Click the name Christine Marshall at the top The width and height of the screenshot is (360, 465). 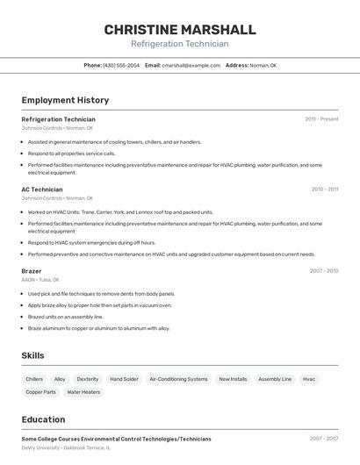tap(180, 30)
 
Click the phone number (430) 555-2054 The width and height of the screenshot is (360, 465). tap(120, 65)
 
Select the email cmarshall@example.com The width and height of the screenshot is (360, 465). tap(191, 65)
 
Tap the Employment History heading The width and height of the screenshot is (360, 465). tap(65, 100)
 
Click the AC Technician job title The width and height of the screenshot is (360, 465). tap(42, 189)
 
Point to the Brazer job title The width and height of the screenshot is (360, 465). tap(32, 271)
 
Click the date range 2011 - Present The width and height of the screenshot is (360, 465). tap(321, 118)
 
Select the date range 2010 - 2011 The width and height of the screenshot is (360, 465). tap(325, 189)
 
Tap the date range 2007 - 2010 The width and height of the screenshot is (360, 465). tap(323, 271)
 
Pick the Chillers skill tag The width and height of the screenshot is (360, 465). tap(34, 379)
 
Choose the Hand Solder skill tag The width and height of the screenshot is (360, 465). tap(124, 379)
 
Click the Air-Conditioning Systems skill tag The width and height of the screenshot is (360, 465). tap(178, 379)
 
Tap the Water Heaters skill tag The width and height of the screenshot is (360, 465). tap(83, 392)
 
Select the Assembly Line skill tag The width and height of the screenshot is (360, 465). tap(275, 379)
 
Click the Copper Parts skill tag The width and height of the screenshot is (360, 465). tap(40, 392)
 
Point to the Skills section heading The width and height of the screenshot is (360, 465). tap(32, 355)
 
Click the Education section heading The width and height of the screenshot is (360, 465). tap(43, 419)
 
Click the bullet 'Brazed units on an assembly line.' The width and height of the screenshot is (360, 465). tap(66, 317)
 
